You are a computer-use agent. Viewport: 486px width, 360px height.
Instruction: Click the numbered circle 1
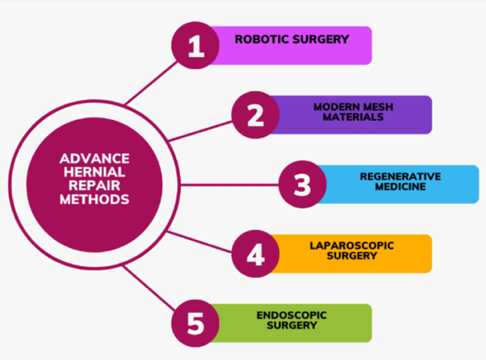pyautogui.click(x=195, y=45)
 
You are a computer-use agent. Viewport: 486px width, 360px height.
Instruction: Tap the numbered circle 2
pyautogui.click(x=256, y=115)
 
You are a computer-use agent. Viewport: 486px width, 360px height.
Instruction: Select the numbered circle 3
pyautogui.click(x=302, y=184)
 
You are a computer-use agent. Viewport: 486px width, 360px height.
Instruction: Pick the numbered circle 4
pyautogui.click(x=256, y=254)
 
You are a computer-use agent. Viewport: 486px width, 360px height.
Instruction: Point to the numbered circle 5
pyautogui.click(x=195, y=324)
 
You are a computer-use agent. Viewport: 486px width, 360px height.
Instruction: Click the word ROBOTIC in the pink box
pyautogui.click(x=262, y=39)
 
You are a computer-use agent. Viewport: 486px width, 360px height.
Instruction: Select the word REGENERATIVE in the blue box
pyautogui.click(x=400, y=176)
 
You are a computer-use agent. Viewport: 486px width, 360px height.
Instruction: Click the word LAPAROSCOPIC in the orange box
pyautogui.click(x=352, y=246)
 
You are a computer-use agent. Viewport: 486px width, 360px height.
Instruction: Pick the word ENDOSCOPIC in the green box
pyautogui.click(x=292, y=315)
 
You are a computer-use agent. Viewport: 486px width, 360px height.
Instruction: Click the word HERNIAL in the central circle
pyautogui.click(x=95, y=172)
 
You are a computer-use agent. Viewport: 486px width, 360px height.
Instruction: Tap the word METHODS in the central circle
pyautogui.click(x=95, y=199)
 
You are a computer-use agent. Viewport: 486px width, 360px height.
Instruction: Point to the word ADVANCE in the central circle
pyautogui.click(x=95, y=158)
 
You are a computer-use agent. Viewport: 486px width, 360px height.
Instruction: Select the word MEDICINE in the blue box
pyautogui.click(x=400, y=187)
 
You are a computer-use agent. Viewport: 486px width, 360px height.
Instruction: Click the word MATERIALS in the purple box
pyautogui.click(x=353, y=117)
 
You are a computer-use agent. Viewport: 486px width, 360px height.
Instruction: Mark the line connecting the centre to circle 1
pyautogui.click(x=151, y=83)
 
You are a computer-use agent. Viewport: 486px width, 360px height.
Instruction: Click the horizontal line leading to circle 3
pyautogui.click(x=230, y=185)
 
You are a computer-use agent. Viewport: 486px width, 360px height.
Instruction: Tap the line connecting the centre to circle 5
pyautogui.click(x=149, y=288)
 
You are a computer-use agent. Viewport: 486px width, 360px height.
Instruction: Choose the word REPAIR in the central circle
pyautogui.click(x=95, y=186)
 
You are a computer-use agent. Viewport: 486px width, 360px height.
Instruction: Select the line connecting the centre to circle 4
pyautogui.click(x=199, y=241)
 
